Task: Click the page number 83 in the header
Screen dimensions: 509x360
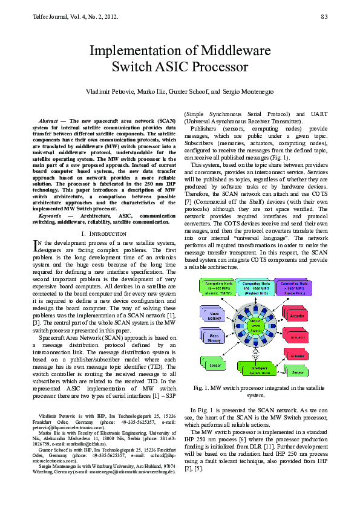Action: (324, 16)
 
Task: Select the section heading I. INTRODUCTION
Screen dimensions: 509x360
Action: (103, 233)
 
